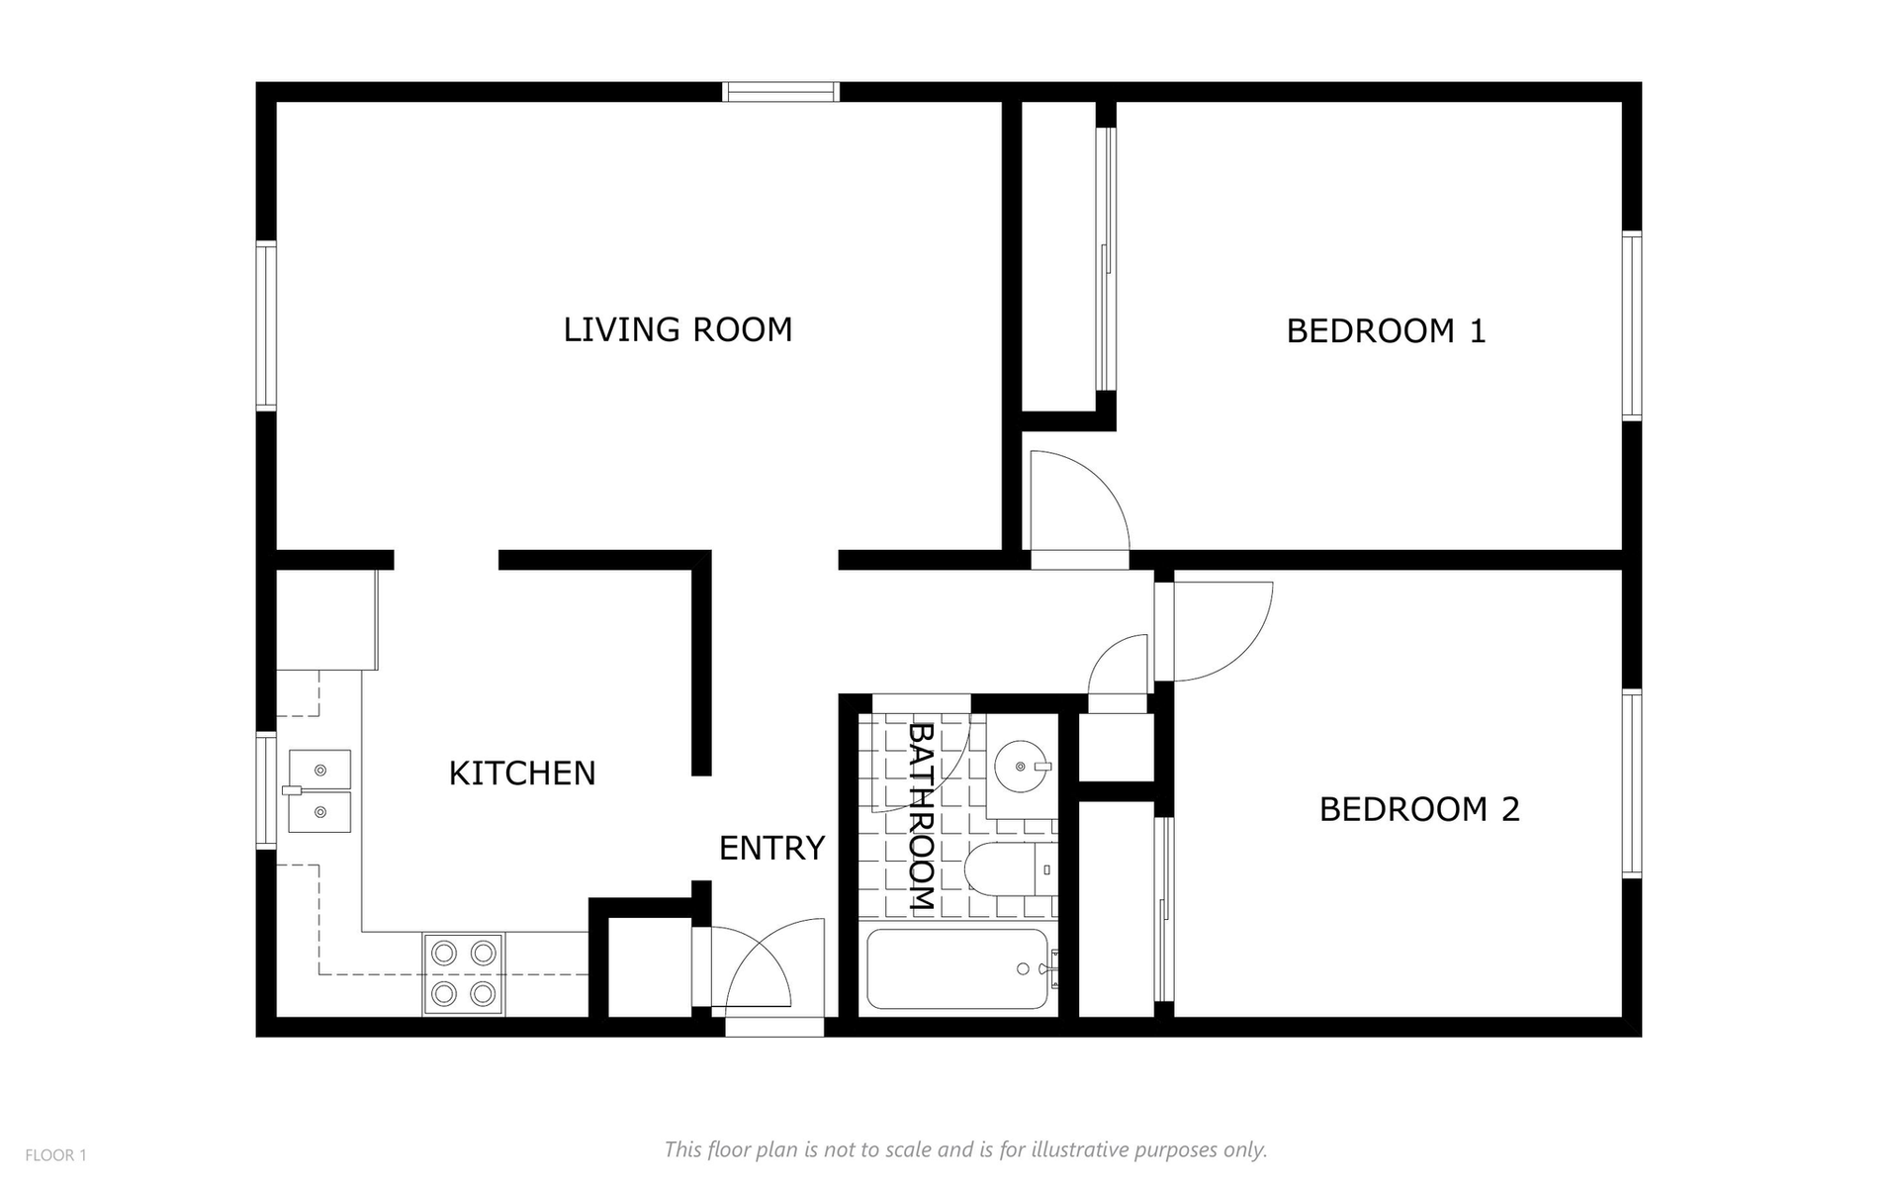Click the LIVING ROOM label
tap(678, 329)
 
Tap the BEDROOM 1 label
tap(1386, 330)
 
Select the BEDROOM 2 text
tap(1419, 809)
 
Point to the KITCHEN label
tap(522, 773)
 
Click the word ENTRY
tap(771, 848)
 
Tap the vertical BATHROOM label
tap(921, 816)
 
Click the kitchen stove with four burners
tap(463, 973)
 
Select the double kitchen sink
tap(318, 790)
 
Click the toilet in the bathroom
tap(1010, 869)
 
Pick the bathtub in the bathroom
tap(958, 969)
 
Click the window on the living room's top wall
tap(780, 92)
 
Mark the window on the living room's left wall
tap(266, 325)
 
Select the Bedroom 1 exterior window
tap(1632, 325)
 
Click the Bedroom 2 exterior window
tap(1632, 782)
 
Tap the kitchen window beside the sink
tap(266, 790)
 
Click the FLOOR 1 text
tap(56, 1155)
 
